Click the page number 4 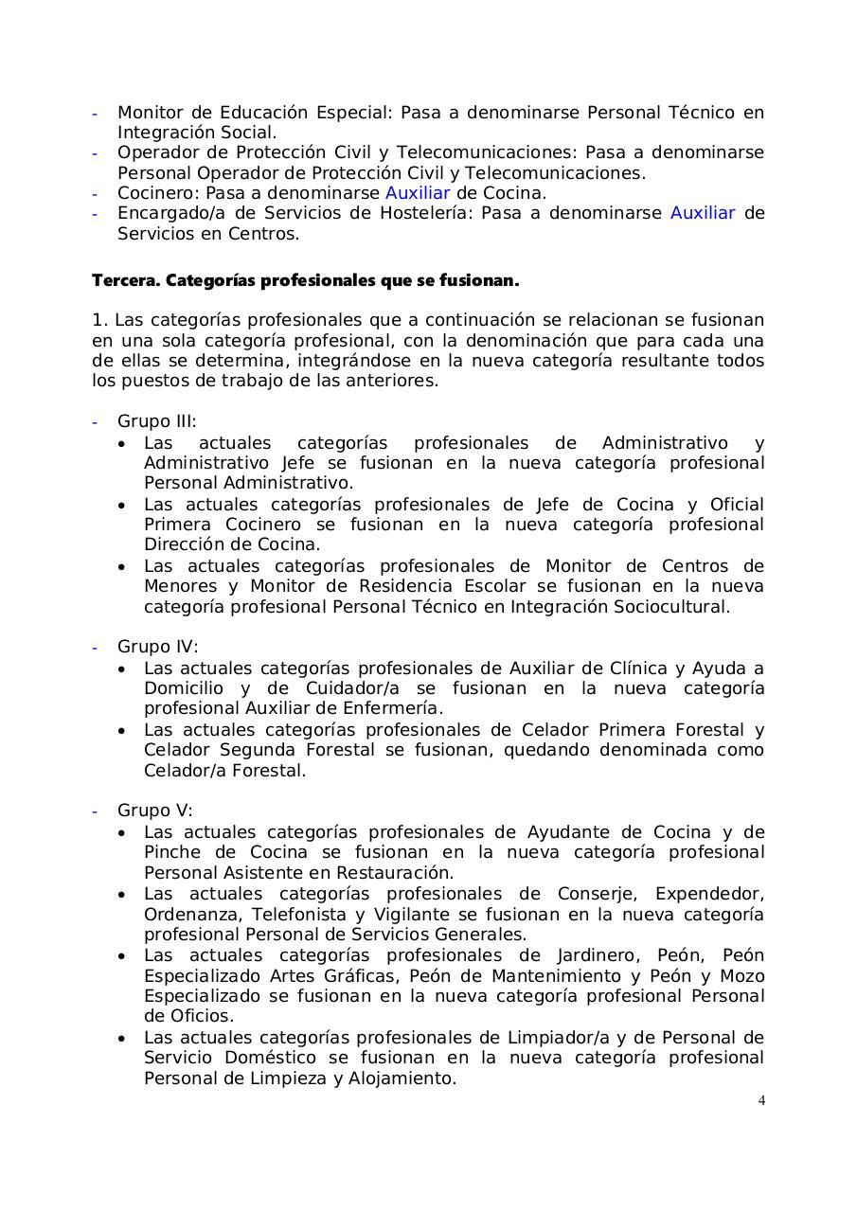point(761,1100)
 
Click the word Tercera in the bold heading point(123,281)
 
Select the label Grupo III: point(157,422)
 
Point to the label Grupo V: point(155,811)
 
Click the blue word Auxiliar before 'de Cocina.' point(418,193)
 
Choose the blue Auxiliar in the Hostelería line point(703,213)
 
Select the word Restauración point(397,873)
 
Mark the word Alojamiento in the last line point(406,1078)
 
